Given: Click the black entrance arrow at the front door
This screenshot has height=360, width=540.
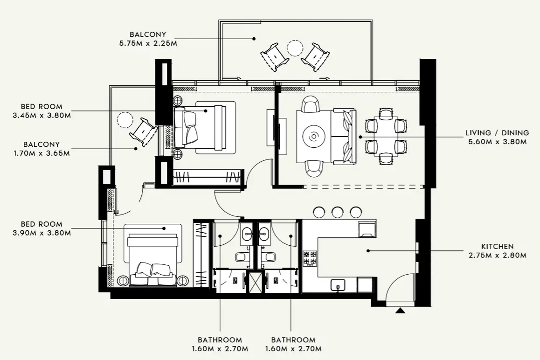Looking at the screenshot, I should click(x=400, y=310).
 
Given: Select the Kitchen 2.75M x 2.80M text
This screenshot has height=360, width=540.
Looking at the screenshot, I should click(x=497, y=250).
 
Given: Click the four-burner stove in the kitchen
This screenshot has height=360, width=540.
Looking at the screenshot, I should click(x=310, y=259).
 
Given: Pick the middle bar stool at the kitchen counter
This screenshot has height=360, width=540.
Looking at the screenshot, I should click(x=337, y=212).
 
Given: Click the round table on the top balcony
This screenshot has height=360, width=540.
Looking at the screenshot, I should click(x=295, y=48).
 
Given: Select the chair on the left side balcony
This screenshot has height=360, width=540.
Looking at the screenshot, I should click(x=143, y=131).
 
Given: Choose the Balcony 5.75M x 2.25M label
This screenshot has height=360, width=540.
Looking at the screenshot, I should click(x=148, y=39).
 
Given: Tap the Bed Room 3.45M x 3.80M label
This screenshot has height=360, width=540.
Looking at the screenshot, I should click(x=42, y=111).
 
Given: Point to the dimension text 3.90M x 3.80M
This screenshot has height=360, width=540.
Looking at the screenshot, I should click(x=42, y=233).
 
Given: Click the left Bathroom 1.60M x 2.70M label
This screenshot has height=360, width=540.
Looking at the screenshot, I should click(x=220, y=344).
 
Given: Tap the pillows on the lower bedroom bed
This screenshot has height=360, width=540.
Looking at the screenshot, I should click(x=153, y=269).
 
